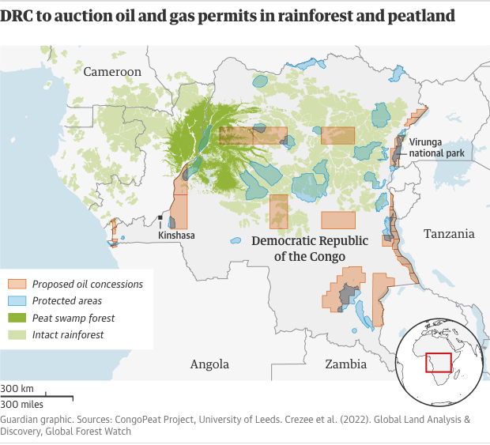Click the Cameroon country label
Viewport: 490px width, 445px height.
click(112, 72)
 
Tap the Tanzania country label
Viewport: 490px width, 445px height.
click(449, 233)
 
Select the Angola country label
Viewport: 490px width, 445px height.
click(209, 364)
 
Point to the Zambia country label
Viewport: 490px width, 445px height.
click(346, 364)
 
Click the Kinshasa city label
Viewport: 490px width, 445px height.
click(176, 235)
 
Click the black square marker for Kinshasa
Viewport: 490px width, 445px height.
click(160, 217)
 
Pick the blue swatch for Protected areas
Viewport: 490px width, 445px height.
click(19, 301)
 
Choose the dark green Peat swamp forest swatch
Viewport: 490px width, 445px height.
click(19, 319)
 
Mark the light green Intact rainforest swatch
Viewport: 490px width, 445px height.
click(19, 335)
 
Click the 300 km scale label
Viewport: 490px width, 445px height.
click(17, 389)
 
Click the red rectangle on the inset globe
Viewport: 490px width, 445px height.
click(438, 362)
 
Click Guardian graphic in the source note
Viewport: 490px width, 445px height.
click(36, 419)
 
